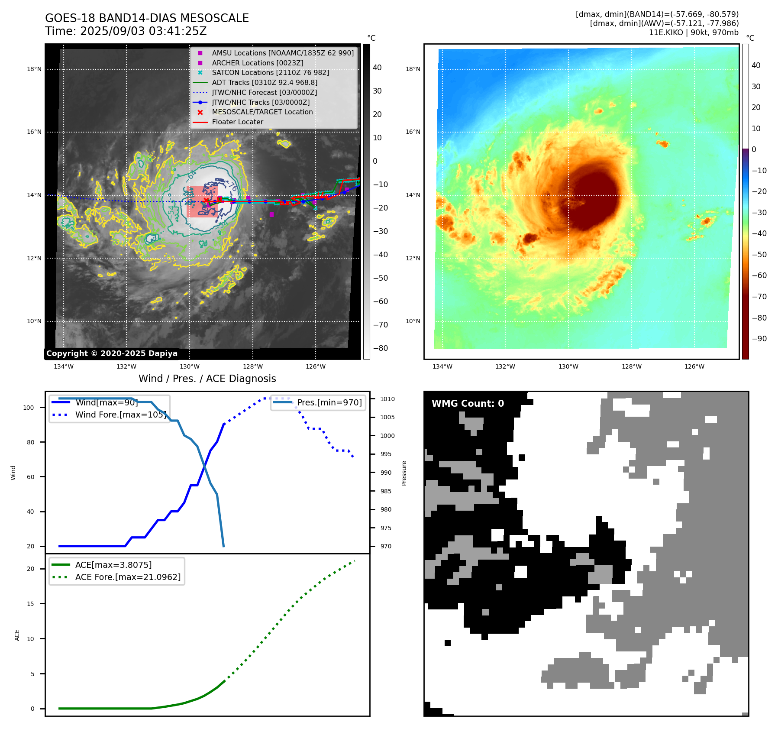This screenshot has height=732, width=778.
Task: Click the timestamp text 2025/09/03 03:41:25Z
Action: coord(143,32)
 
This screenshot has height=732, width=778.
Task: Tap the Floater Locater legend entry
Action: coord(237,122)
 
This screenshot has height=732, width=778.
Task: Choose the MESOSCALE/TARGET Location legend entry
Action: coord(262,112)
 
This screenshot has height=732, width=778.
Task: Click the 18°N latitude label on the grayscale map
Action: coord(34,69)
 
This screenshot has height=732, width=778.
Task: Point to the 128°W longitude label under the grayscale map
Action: coord(253,366)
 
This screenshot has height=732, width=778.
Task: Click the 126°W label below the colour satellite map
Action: coord(694,366)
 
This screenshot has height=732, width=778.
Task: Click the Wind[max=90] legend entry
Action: coord(107,402)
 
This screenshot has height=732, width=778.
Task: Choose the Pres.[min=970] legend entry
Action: coord(329,402)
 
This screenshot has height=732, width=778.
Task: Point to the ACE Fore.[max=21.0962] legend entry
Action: coord(128,577)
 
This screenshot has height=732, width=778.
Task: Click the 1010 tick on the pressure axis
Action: coord(387,399)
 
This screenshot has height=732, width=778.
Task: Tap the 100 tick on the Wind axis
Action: coord(29,408)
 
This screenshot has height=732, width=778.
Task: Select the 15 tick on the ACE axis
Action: coord(30,604)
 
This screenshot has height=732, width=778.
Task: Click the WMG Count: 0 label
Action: coord(468,404)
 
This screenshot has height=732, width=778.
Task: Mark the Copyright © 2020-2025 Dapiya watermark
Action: coord(112,353)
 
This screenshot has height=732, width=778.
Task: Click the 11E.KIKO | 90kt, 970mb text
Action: coord(694,32)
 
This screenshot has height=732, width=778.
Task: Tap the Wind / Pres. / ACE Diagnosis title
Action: coord(207,379)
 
